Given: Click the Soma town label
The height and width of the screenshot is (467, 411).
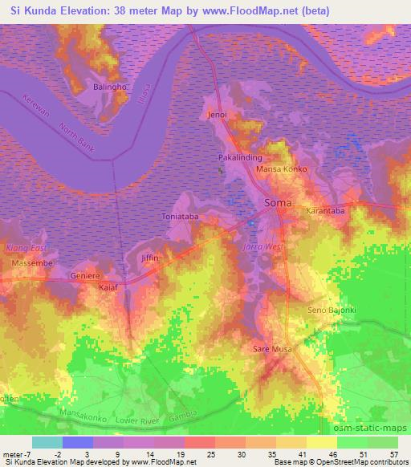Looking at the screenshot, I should (x=279, y=203).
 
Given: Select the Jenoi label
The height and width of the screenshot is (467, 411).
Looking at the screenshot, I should (x=218, y=115).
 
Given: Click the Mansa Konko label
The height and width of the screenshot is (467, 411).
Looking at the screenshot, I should (x=281, y=170).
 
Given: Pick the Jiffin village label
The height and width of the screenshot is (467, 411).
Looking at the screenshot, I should (x=150, y=258).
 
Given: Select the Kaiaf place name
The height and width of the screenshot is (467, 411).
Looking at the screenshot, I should (x=108, y=286).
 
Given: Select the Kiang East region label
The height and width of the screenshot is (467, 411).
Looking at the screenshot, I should (x=23, y=249).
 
